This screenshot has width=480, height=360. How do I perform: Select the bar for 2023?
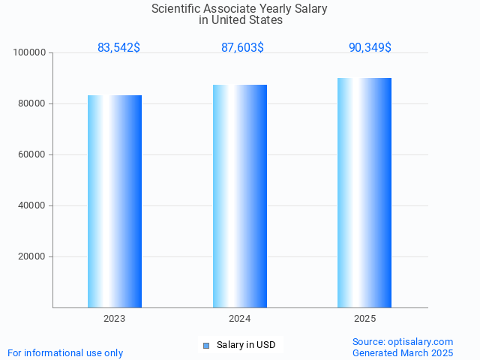tap(115, 201)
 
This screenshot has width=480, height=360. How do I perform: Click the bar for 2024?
tap(240, 196)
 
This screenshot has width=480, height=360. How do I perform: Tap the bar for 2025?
tap(364, 193)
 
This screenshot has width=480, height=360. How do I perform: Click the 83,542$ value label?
tap(118, 48)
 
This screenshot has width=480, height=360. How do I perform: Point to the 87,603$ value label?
tap(242, 48)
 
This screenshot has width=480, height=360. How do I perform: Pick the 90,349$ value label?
tap(370, 48)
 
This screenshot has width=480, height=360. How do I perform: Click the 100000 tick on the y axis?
tap(30, 53)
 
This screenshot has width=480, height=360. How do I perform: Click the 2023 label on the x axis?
tap(115, 319)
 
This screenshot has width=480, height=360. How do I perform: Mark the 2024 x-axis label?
tap(240, 319)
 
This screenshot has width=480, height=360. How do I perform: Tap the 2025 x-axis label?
tap(364, 319)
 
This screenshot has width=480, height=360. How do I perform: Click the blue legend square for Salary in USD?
tap(206, 345)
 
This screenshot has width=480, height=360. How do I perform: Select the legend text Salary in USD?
tap(246, 345)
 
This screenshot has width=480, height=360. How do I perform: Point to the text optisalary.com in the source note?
tap(421, 342)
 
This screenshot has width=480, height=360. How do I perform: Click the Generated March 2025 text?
tap(403, 352)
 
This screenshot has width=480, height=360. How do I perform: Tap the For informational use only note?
tap(65, 352)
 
